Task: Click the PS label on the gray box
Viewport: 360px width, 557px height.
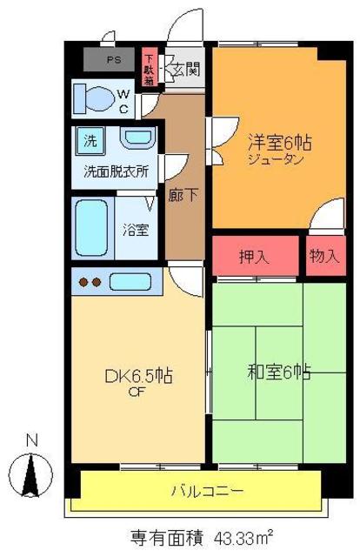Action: coord(115,61)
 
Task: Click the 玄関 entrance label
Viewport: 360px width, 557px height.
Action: coord(184,68)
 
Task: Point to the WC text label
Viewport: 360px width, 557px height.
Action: coord(124,100)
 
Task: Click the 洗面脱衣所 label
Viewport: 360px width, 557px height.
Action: coord(116,171)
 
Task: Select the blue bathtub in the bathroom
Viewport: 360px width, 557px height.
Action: coord(90,228)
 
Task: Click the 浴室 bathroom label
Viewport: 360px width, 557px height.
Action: coord(136,231)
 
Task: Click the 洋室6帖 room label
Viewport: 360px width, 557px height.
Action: coord(277,142)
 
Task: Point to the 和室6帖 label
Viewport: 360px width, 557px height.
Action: coord(279,372)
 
